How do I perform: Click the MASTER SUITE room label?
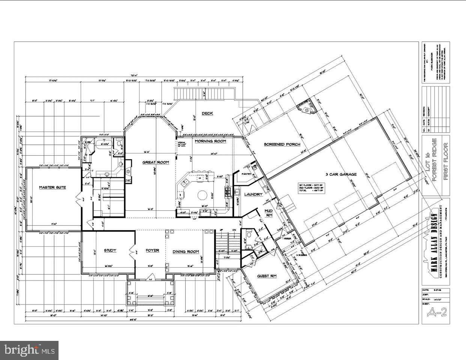tap(53, 187)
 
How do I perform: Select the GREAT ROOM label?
tap(155, 162)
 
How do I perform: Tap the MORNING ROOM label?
tap(210, 141)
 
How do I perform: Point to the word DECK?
tap(207, 113)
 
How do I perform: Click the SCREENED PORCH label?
tap(282, 144)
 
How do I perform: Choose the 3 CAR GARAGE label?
tap(341, 174)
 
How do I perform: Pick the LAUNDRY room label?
tap(253, 194)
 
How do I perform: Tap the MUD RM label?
tap(269, 213)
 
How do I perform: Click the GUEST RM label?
tap(266, 276)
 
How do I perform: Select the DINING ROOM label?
tap(186, 252)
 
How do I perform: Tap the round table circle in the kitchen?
tap(203, 195)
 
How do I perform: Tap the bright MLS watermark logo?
tap(29, 351)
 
